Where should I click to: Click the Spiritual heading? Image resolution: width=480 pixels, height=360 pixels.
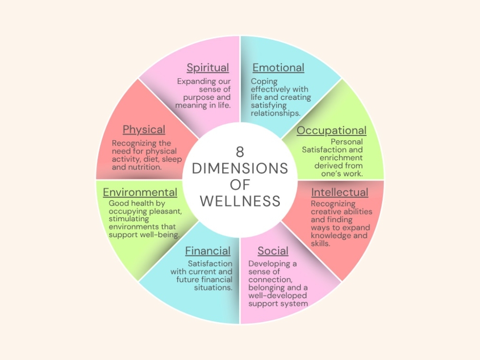[x=208, y=68]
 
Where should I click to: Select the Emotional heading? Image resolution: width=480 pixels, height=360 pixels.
[x=278, y=68]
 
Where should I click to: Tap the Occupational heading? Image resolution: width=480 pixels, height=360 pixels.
[x=331, y=131]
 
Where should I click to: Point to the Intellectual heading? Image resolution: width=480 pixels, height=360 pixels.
[x=340, y=192]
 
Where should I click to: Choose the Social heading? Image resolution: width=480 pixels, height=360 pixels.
[x=273, y=251]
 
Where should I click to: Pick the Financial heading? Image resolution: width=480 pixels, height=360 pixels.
[x=208, y=251]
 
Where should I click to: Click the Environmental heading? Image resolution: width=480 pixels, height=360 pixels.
[x=140, y=192]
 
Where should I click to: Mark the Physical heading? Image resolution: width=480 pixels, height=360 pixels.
[x=144, y=130]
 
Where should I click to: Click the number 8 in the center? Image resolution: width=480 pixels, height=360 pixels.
[x=240, y=152]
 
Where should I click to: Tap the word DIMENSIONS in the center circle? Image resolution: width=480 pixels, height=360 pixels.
[x=240, y=168]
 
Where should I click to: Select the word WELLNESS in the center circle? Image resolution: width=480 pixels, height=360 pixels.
[x=240, y=201]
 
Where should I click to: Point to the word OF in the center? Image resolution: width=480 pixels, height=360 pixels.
[x=240, y=185]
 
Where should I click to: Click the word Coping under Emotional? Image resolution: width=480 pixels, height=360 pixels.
[x=264, y=82]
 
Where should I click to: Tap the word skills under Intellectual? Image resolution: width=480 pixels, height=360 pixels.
[x=323, y=243]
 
